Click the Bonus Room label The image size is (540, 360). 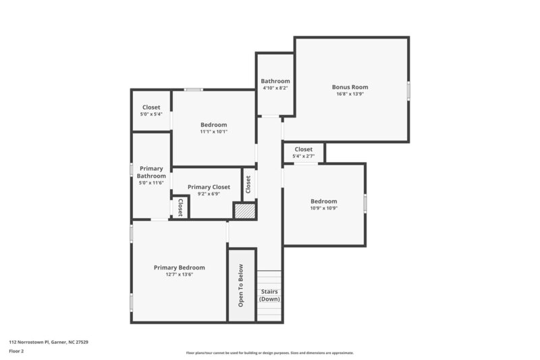point(350,86)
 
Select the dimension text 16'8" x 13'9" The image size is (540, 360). point(350,94)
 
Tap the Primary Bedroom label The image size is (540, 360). point(179,267)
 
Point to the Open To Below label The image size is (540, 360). point(241,286)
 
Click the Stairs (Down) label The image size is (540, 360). point(269,295)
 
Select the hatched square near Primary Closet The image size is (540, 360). point(245,211)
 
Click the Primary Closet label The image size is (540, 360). point(209,187)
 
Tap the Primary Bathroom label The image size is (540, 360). point(151,172)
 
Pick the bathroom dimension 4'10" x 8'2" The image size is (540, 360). point(275,88)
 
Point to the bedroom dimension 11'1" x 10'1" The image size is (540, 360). point(213,132)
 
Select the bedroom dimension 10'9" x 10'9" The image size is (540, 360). point(323,208)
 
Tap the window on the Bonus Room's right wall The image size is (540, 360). point(408,91)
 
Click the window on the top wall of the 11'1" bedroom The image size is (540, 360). point(194,89)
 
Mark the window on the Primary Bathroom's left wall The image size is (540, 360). point(132,170)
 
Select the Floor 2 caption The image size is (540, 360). point(16,351)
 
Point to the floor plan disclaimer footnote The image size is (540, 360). point(269,353)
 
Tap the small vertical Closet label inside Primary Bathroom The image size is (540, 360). point(180,207)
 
